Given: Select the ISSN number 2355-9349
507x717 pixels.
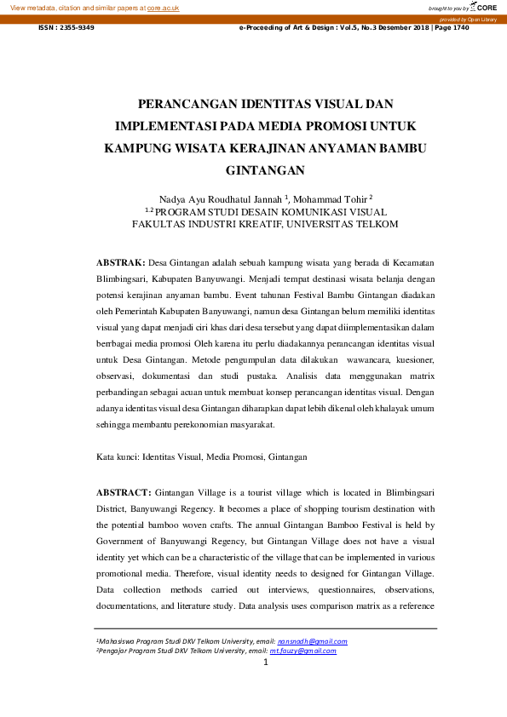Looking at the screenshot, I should [78, 28].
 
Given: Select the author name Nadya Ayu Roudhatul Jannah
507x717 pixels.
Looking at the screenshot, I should [220, 198].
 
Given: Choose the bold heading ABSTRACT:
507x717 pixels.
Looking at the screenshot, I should [124, 492].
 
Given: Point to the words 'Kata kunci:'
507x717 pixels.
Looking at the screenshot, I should [118, 457].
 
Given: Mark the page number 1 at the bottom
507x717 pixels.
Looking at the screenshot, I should [266, 662].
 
